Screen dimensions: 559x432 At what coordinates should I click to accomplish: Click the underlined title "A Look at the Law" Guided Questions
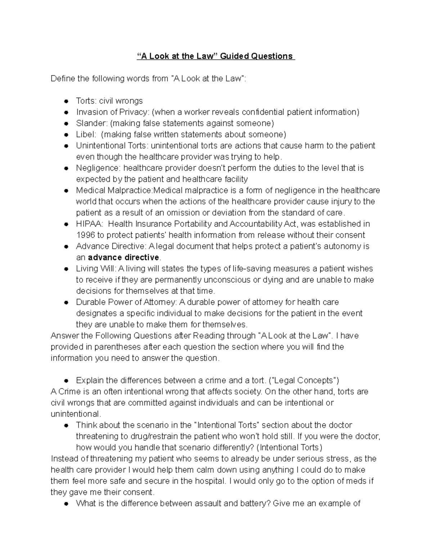pyautogui.click(x=216, y=56)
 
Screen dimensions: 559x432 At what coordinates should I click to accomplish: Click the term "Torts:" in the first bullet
pyautogui.click(x=86, y=101)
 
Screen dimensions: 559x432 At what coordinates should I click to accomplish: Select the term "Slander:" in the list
pyautogui.click(x=91, y=123)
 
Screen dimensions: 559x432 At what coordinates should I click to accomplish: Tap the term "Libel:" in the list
pyautogui.click(x=86, y=135)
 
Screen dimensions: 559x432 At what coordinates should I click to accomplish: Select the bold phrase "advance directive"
pyautogui.click(x=123, y=257)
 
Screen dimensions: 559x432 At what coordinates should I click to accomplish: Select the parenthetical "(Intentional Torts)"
pyautogui.click(x=289, y=447)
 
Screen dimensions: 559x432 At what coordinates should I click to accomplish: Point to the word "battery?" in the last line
pyautogui.click(x=255, y=503)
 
